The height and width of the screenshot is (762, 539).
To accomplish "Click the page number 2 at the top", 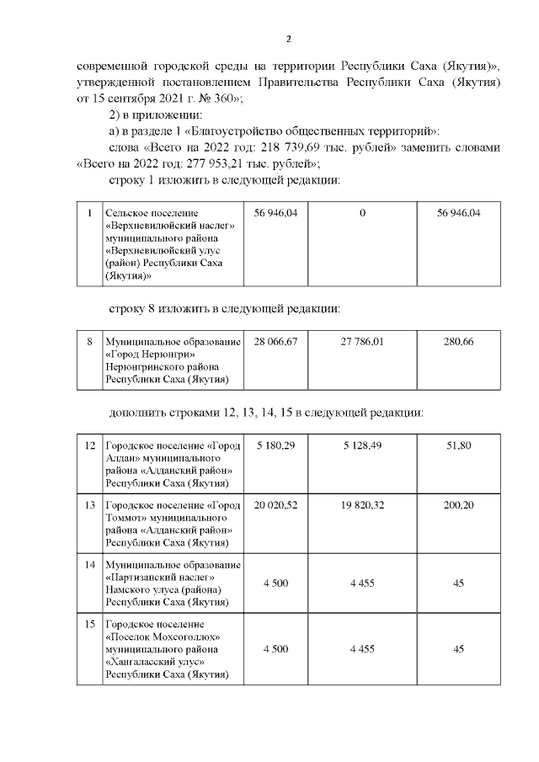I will (288, 39).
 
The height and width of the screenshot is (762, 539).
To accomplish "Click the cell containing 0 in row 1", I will (361, 214).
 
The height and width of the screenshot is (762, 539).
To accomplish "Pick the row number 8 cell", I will (90, 342).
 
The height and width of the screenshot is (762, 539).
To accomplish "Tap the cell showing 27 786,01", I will (361, 342).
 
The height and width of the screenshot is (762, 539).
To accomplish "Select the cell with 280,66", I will (459, 342).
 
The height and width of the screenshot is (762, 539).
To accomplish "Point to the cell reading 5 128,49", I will (361, 445).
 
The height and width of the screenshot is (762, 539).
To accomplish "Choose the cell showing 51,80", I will (459, 445).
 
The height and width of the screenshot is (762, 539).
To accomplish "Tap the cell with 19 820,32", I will (361, 504).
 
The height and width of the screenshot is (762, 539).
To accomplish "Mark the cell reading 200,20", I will (459, 504).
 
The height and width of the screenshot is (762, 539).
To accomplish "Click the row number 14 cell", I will (90, 563).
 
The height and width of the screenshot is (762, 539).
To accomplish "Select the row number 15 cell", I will (90, 623).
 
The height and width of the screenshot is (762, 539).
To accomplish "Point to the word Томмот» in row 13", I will (128, 517).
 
